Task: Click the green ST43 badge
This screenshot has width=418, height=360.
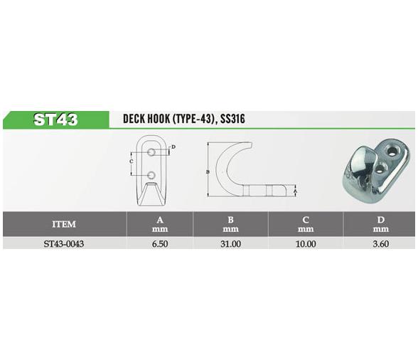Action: [55, 120]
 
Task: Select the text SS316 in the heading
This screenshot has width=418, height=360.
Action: [232, 120]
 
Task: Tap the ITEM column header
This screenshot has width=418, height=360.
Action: [64, 224]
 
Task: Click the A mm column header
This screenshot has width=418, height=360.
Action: [161, 224]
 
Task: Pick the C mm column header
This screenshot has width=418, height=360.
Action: [306, 224]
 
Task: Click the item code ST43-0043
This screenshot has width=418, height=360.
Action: [64, 243]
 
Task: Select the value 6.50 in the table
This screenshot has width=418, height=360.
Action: [161, 243]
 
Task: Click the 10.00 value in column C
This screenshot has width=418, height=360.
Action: [306, 243]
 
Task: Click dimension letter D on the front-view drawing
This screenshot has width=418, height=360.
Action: [173, 147]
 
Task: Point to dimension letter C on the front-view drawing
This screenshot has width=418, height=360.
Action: [131, 162]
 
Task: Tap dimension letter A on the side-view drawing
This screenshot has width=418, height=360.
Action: [294, 191]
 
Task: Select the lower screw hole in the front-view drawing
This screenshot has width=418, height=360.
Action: [151, 175]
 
